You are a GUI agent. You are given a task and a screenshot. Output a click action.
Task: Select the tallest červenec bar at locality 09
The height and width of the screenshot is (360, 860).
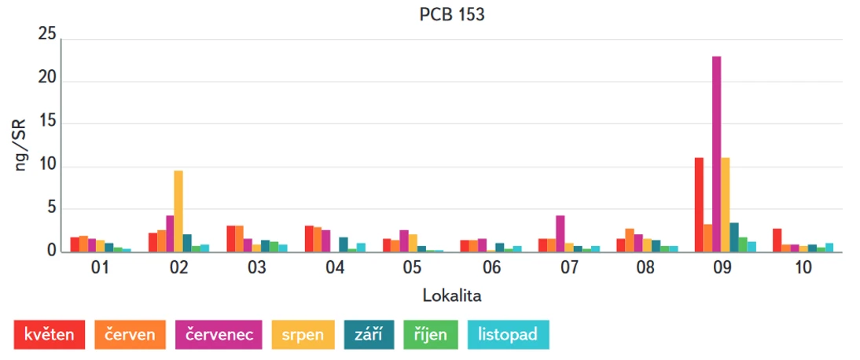(716, 154)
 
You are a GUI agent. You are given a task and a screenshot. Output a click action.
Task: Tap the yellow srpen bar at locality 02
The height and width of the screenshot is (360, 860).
(178, 211)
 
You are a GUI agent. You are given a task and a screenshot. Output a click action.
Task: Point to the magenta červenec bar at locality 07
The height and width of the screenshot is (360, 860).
(560, 233)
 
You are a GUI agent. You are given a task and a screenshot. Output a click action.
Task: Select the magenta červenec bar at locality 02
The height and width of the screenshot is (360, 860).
(170, 233)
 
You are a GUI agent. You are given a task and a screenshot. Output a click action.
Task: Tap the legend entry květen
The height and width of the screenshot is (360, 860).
(50, 335)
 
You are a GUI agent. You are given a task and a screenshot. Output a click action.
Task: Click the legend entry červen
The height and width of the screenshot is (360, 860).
(130, 335)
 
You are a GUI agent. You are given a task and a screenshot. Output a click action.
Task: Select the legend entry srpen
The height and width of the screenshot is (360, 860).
(303, 335)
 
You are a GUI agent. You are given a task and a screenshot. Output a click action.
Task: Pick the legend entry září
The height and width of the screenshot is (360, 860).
(369, 335)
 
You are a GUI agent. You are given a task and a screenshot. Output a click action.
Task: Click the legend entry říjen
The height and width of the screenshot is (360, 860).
(430, 335)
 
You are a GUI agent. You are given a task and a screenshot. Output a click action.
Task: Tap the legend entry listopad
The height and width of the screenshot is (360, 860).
(508, 335)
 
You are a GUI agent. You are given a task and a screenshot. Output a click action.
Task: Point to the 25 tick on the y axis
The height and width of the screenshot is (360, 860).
(47, 35)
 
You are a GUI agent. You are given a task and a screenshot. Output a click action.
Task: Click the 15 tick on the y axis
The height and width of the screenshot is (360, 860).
(47, 123)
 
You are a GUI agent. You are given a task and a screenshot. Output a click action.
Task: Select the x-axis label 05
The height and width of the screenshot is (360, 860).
(413, 269)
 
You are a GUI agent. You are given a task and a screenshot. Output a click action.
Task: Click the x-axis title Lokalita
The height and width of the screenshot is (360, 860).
(451, 296)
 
